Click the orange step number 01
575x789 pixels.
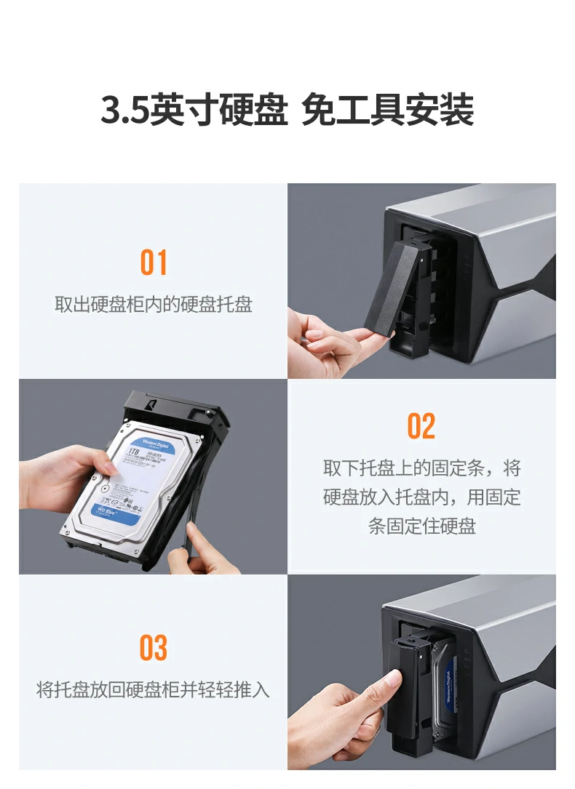154,263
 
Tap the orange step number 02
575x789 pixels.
421,426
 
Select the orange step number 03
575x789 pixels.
154,648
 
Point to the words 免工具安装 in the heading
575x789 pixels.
387,110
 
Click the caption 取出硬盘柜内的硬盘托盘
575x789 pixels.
154,304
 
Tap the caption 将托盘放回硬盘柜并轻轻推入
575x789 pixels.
154,689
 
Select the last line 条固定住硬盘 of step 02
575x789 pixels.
422,526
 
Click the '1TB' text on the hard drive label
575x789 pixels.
133,452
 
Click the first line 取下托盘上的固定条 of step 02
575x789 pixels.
422,468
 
